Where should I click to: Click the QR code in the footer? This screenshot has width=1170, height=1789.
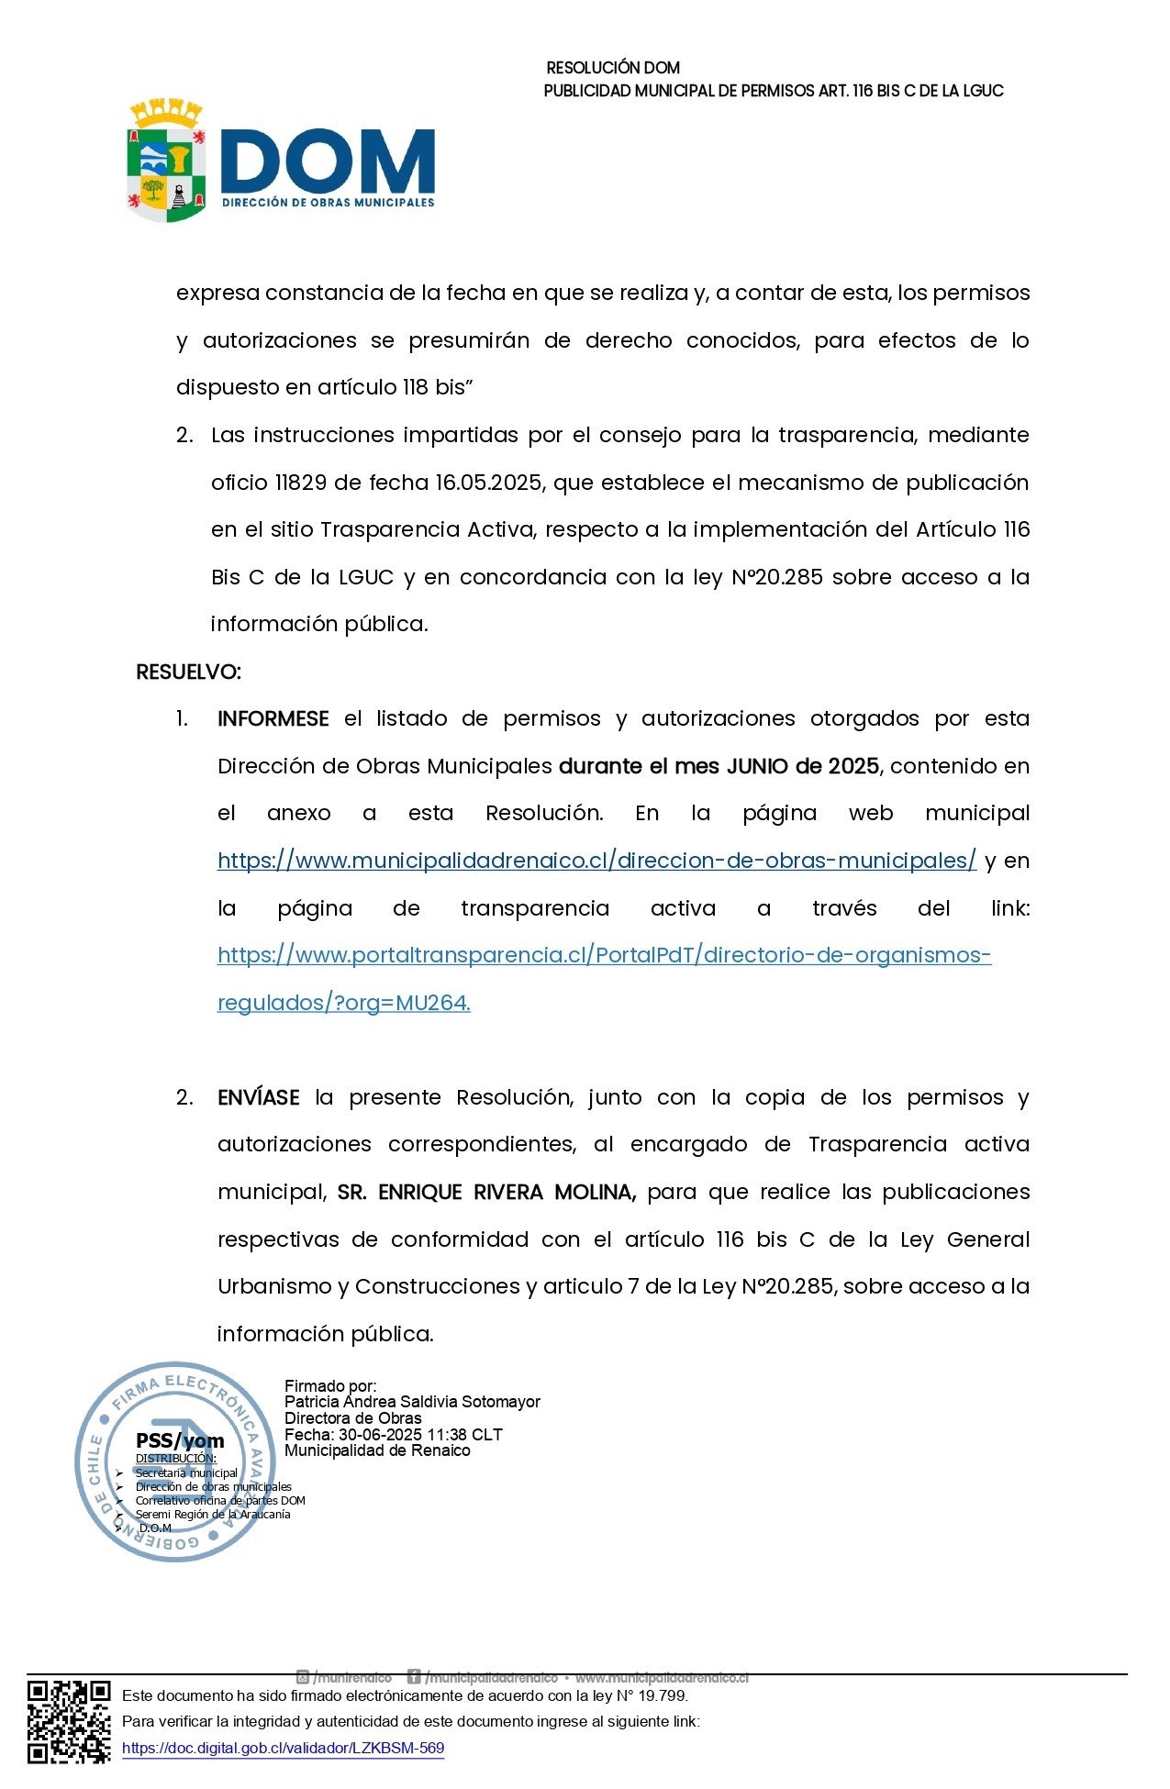pyautogui.click(x=69, y=1721)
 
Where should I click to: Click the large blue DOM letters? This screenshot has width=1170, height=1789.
pyautogui.click(x=328, y=161)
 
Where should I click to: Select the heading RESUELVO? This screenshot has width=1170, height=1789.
pyautogui.click(x=188, y=672)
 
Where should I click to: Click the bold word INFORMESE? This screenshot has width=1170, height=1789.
pyautogui.click(x=273, y=719)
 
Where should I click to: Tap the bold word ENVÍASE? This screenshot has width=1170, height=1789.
pyautogui.click(x=258, y=1098)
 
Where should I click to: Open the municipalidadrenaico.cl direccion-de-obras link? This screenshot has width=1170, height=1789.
pyautogui.click(x=596, y=861)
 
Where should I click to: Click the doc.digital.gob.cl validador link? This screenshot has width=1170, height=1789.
pyautogui.click(x=283, y=1749)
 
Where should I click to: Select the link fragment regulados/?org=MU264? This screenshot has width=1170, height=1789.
pyautogui.click(x=343, y=1004)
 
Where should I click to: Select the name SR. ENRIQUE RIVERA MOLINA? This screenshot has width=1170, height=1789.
pyautogui.click(x=486, y=1193)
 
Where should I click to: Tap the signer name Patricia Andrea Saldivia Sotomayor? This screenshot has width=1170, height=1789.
pyautogui.click(x=412, y=1402)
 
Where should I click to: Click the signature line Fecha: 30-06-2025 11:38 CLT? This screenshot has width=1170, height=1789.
pyautogui.click(x=393, y=1435)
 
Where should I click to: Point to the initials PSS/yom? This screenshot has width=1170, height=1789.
pyautogui.click(x=180, y=1441)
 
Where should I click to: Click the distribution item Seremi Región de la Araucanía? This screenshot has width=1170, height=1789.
pyautogui.click(x=213, y=1515)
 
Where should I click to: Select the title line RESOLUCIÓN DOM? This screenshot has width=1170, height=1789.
pyautogui.click(x=613, y=68)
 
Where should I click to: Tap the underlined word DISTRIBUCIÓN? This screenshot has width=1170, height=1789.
pyautogui.click(x=176, y=1459)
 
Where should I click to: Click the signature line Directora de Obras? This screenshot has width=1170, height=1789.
pyautogui.click(x=352, y=1418)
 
